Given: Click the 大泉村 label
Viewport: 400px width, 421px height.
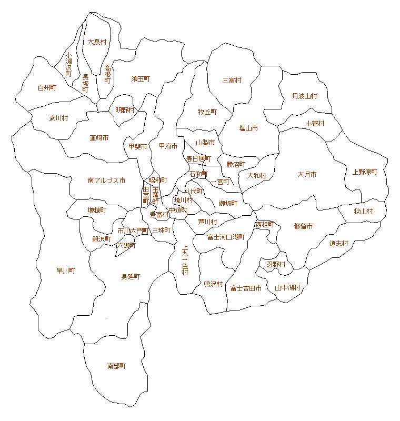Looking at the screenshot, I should pyautogui.click(x=97, y=42).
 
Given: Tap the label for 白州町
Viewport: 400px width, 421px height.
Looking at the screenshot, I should pyautogui.click(x=47, y=88).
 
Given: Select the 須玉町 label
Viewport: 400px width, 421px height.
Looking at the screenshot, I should pyautogui.click(x=141, y=78).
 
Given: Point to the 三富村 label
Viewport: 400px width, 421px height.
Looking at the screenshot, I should pyautogui.click(x=232, y=81).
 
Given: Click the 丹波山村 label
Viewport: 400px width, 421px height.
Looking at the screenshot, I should pyautogui.click(x=305, y=96).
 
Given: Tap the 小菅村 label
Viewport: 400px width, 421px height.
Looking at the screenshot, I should pyautogui.click(x=315, y=124).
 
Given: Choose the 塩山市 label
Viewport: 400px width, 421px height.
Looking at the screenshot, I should pyautogui.click(x=248, y=128).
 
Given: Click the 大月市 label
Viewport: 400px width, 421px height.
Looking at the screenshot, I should pyautogui.click(x=307, y=174).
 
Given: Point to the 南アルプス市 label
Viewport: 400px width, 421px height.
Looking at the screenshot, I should pyautogui.click(x=106, y=180).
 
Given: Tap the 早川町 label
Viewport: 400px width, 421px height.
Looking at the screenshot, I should pyautogui.click(x=66, y=270).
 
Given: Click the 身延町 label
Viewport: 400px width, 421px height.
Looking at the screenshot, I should pyautogui.click(x=131, y=276).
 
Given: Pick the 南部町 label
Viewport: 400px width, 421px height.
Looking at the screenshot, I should pyautogui.click(x=116, y=365).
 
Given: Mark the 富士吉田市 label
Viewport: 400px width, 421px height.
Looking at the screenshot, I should pyautogui.click(x=246, y=288).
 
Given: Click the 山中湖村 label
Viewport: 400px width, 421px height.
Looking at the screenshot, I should pyautogui.click(x=287, y=287).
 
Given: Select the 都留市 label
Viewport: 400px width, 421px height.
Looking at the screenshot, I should pyautogui.click(x=304, y=226).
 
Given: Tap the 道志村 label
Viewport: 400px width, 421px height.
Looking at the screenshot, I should pyautogui.click(x=339, y=243).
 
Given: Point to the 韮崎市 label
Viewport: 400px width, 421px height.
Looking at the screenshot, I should pyautogui.click(x=99, y=138).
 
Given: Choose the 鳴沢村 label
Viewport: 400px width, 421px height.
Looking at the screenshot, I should pyautogui.click(x=213, y=284).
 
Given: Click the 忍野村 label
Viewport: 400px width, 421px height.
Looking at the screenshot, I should pyautogui.click(x=276, y=264).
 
